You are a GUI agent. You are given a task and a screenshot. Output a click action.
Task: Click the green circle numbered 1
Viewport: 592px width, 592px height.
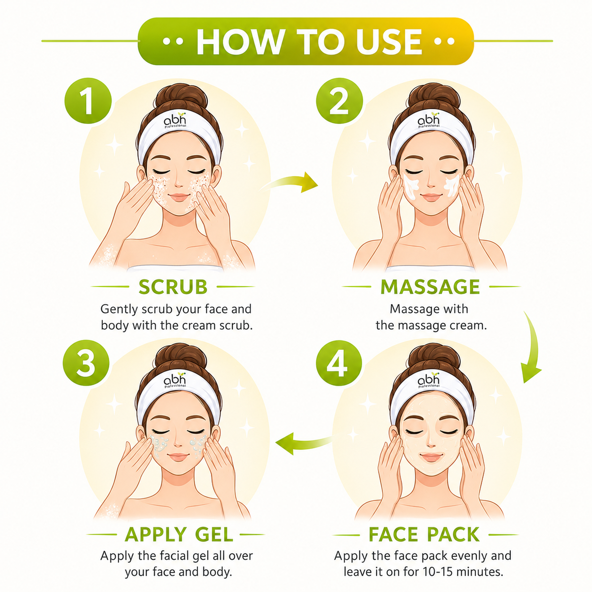(x=88, y=101)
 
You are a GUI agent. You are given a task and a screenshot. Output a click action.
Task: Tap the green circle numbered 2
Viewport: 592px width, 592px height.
(x=339, y=101)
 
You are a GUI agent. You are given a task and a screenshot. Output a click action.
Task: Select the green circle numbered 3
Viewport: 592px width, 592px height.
(x=86, y=363)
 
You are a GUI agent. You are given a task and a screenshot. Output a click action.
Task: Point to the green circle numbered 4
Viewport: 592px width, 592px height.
(x=339, y=363)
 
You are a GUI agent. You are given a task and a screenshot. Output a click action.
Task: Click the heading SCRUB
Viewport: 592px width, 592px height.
(x=173, y=287)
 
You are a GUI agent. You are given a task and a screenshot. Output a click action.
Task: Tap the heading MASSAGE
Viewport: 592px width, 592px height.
(x=430, y=287)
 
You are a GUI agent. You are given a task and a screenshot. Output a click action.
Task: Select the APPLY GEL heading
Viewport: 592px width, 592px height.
(x=179, y=534)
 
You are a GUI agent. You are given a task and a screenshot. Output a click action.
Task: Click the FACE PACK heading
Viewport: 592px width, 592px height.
(x=424, y=534)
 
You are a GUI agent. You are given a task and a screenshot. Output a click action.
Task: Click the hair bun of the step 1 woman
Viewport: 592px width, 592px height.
(x=181, y=96)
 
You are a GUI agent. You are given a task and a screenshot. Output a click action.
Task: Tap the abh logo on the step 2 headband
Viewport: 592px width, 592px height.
(x=428, y=120)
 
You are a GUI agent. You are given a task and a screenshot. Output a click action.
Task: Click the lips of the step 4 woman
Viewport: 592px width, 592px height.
(x=431, y=457)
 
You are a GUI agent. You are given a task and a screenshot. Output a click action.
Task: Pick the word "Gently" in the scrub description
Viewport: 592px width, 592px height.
(x=119, y=309)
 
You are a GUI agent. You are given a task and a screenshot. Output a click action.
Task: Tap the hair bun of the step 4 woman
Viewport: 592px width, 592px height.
(x=434, y=356)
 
